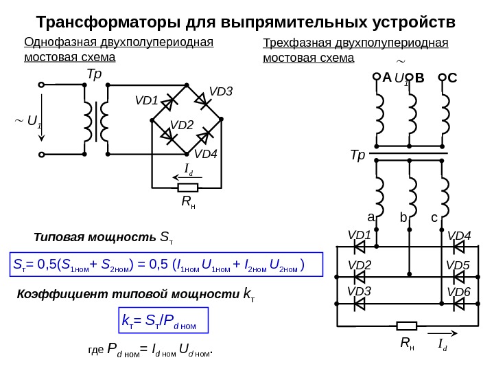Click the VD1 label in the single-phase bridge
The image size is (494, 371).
pyautogui.click(x=146, y=101)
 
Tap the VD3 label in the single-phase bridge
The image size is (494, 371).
pyautogui.click(x=221, y=91)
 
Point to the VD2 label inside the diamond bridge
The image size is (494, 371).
pyautogui.click(x=182, y=124)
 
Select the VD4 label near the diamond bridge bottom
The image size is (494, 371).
pyautogui.click(x=205, y=154)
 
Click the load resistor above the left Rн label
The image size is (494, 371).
pyautogui.click(x=187, y=187)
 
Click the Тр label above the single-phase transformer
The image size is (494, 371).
pyautogui.click(x=94, y=74)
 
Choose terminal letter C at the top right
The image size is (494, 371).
pyautogui.click(x=452, y=78)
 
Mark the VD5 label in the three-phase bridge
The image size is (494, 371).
pyautogui.click(x=458, y=265)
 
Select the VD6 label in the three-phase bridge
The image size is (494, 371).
pyautogui.click(x=458, y=293)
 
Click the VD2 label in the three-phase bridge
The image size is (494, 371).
pyautogui.click(x=359, y=265)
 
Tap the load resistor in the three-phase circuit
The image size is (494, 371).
pyautogui.click(x=407, y=326)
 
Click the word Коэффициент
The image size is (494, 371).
pyautogui.click(x=56, y=295)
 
